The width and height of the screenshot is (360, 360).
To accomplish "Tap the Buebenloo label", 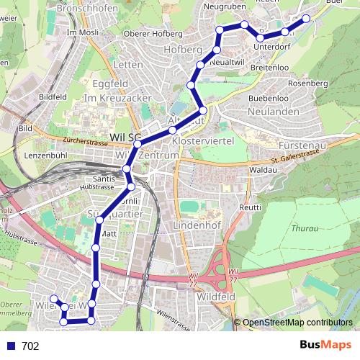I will [268, 97].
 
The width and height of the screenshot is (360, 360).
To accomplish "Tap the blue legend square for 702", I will [11, 346].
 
